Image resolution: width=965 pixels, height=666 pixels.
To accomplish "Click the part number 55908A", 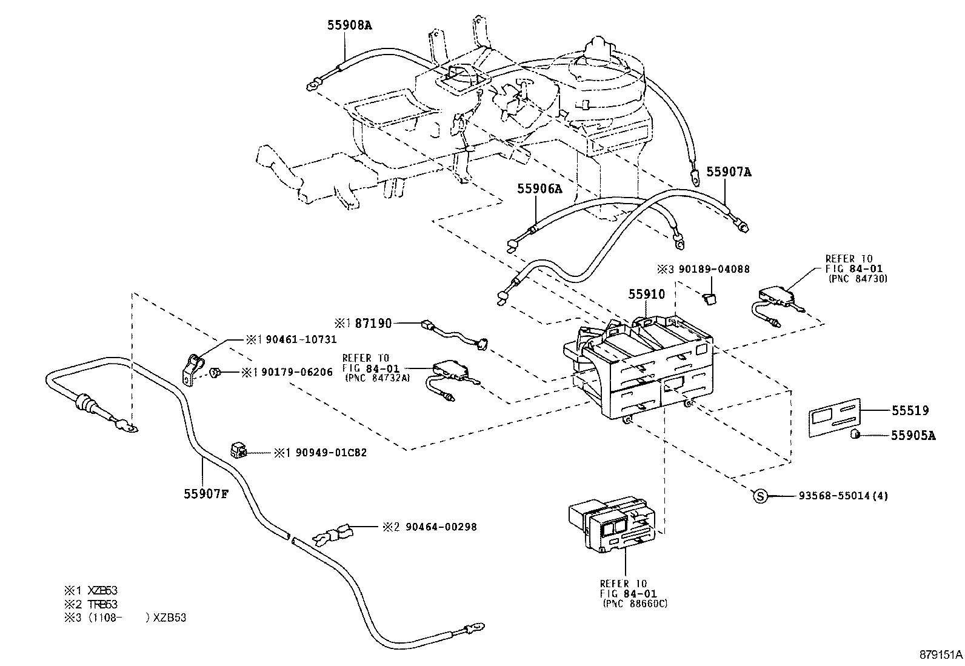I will pyautogui.click(x=349, y=25).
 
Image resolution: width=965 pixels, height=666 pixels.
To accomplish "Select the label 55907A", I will pyautogui.click(x=729, y=172).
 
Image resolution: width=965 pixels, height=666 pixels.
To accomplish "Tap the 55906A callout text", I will pyautogui.click(x=539, y=189).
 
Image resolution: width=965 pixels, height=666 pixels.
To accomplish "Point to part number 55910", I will pyautogui.click(x=646, y=295).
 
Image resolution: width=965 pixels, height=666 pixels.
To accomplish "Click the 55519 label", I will pyautogui.click(x=909, y=410).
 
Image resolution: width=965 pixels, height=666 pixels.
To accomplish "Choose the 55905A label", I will pyautogui.click(x=913, y=435).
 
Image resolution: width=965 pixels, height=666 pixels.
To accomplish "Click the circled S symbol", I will pyautogui.click(x=760, y=496).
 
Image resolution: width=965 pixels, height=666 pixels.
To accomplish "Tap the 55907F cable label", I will pyautogui.click(x=206, y=494).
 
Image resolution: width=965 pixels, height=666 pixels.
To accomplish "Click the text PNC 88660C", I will pyautogui.click(x=635, y=604).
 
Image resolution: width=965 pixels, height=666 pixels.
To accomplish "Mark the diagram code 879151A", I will pyautogui.click(x=939, y=655).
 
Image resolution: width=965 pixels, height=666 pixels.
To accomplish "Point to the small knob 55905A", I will pyautogui.click(x=856, y=434).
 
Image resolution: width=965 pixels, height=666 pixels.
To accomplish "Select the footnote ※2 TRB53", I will pyautogui.click(x=91, y=604).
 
